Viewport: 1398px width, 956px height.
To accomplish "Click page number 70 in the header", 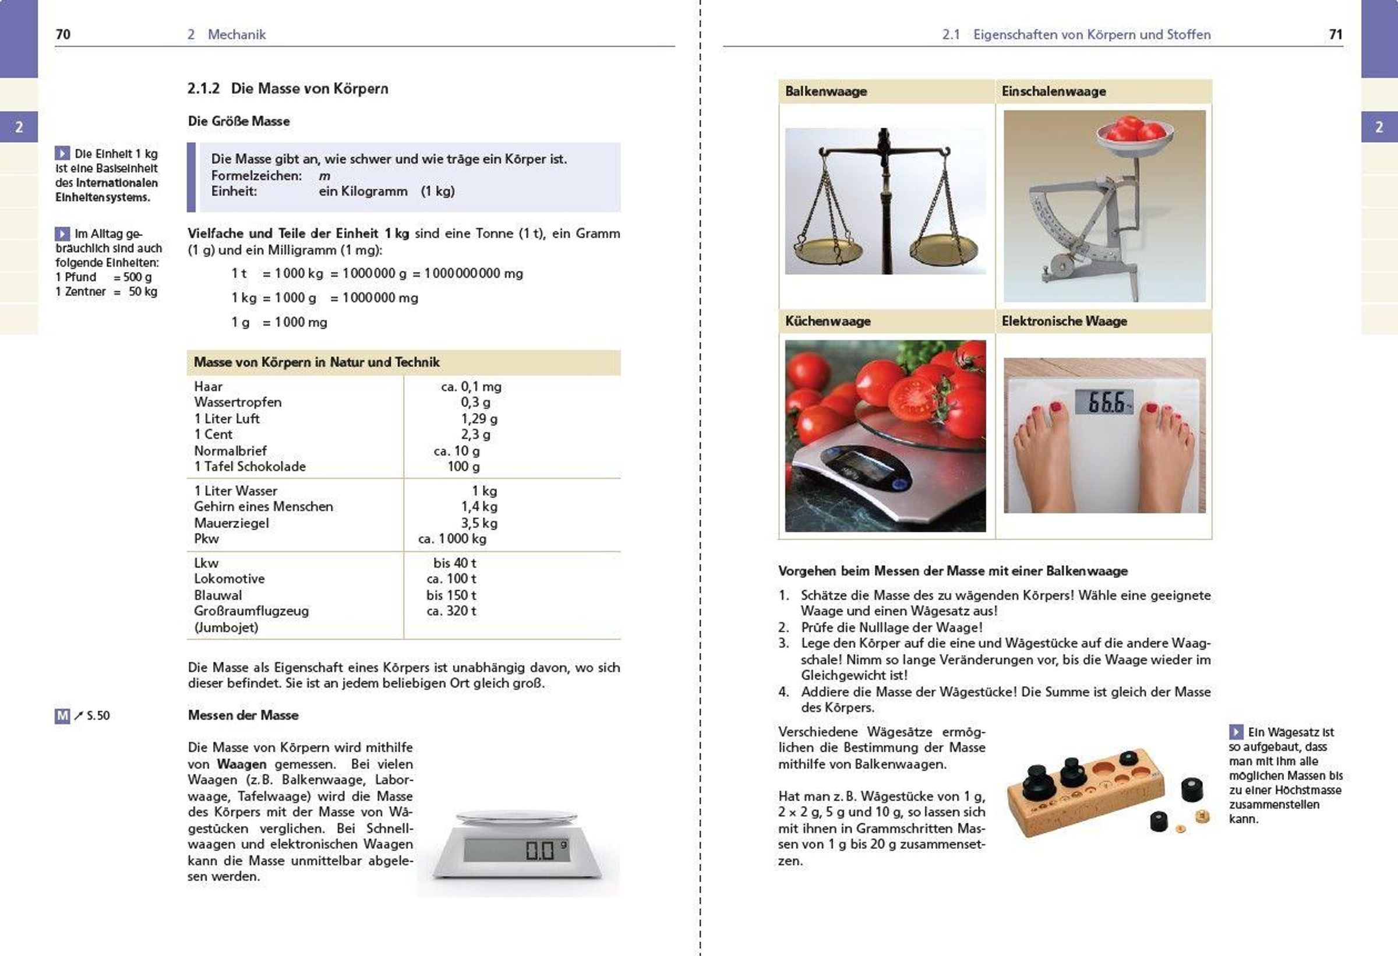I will coord(62,34).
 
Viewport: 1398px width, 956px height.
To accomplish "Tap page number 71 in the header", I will coord(1336,34).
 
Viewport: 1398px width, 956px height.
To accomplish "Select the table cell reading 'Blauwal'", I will coord(218,595).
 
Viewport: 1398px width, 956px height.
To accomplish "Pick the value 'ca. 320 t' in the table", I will coord(451,611).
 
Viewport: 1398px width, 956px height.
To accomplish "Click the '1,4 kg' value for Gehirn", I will coord(479,507).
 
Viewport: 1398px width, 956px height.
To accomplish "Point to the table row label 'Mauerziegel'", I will coord(231,523).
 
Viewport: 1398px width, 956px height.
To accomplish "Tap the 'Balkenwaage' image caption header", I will coord(825,91).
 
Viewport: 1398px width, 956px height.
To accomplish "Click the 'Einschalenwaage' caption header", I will coord(1053,91).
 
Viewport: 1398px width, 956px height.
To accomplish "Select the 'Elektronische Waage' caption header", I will coord(1064,321).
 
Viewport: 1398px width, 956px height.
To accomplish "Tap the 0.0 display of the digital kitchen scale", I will coord(539,850).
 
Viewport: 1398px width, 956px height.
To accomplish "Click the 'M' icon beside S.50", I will coord(62,715).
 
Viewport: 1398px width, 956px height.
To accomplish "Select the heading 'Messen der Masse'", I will coord(243,715).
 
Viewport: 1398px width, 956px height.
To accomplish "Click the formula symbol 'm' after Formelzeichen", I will coord(324,177).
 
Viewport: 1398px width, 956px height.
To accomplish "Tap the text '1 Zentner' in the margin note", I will coord(80,292).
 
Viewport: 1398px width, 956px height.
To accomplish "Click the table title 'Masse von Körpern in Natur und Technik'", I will coord(316,362).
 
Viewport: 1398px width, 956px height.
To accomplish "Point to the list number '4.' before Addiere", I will coord(783,692).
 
